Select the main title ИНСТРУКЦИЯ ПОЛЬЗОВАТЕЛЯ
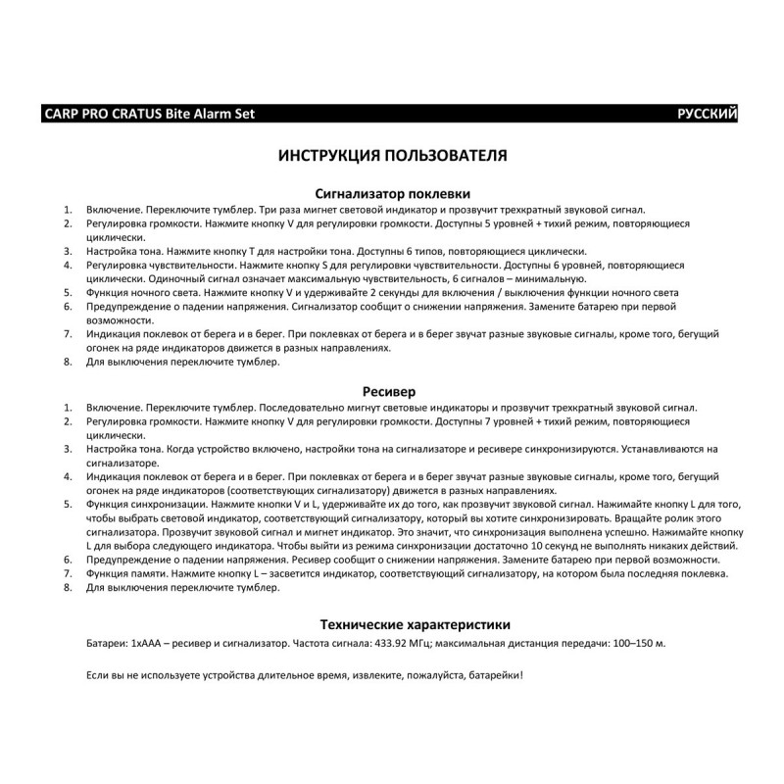tap(392, 156)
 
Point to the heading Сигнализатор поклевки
tap(391, 193)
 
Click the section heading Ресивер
tap(391, 391)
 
